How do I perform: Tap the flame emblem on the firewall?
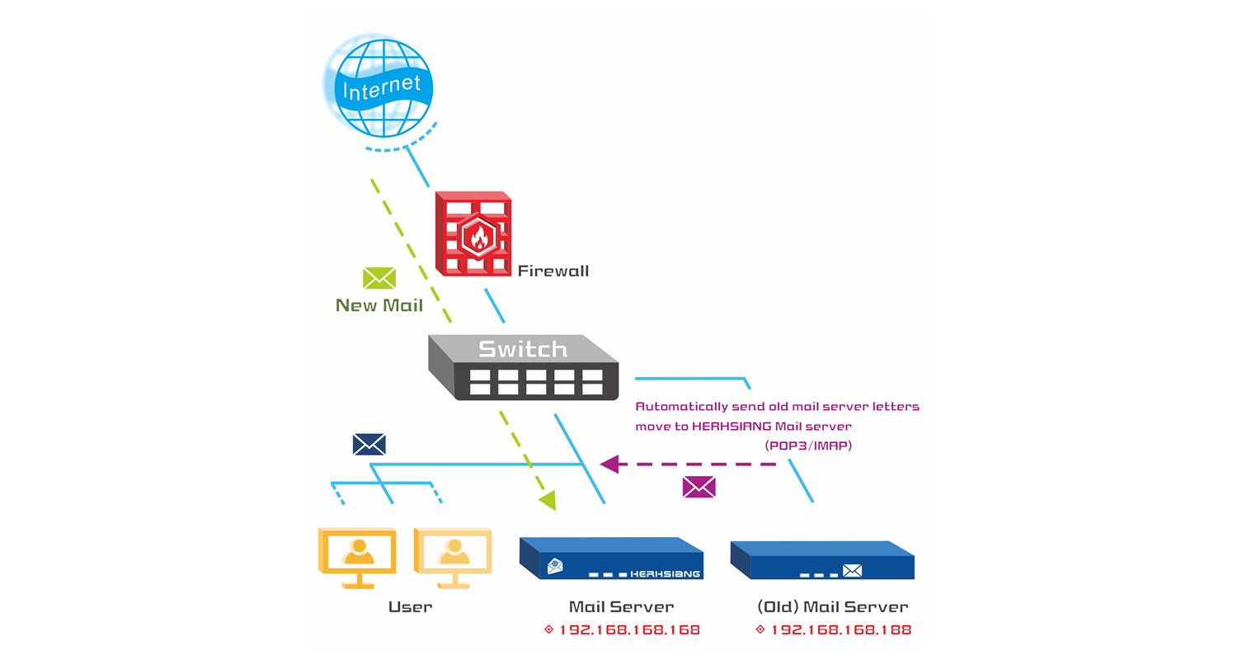click(x=477, y=237)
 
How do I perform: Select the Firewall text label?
click(x=553, y=271)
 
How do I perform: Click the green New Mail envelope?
click(x=379, y=278)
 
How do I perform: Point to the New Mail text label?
click(x=379, y=305)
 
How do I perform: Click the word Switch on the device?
click(x=523, y=349)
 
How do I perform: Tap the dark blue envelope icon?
click(x=369, y=445)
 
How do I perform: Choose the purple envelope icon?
click(x=698, y=488)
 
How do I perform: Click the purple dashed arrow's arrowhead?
click(x=609, y=464)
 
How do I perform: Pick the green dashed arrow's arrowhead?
click(x=548, y=500)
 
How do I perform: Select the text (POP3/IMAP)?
click(x=807, y=445)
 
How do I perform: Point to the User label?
click(x=410, y=607)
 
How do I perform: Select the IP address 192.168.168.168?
click(x=629, y=629)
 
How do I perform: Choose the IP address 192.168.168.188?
click(x=840, y=629)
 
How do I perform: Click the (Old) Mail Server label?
click(x=832, y=607)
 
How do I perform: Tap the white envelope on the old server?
click(x=852, y=570)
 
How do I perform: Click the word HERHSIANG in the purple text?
click(x=736, y=426)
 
